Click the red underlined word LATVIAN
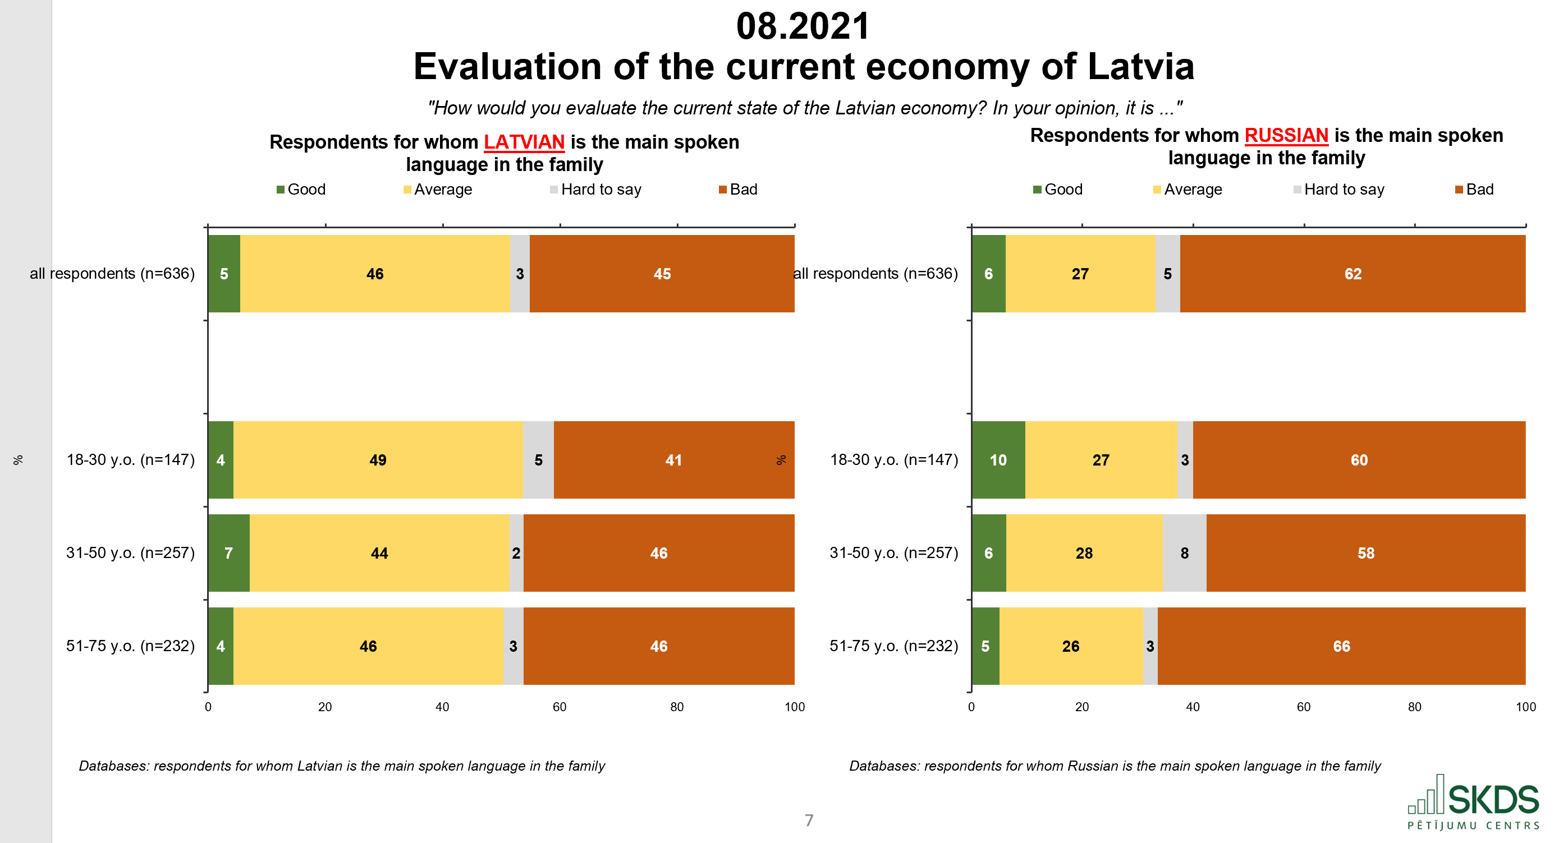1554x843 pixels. [524, 142]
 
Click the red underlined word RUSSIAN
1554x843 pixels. [1286, 136]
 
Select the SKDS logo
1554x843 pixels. [1473, 803]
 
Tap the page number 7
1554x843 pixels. [809, 820]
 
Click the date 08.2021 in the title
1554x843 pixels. [803, 26]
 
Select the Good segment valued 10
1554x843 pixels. [998, 460]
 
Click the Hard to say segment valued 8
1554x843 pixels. [1184, 553]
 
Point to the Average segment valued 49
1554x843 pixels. [378, 460]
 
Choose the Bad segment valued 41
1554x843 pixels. [673, 460]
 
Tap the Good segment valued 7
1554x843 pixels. [228, 553]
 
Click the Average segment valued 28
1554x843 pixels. [1084, 553]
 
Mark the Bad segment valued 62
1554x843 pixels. [1353, 274]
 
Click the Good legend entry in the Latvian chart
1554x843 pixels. [301, 190]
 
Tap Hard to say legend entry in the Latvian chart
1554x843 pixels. [595, 190]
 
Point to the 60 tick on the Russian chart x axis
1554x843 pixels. [1304, 707]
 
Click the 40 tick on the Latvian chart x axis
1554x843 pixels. [442, 707]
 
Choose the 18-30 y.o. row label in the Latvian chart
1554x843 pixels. [130, 460]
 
